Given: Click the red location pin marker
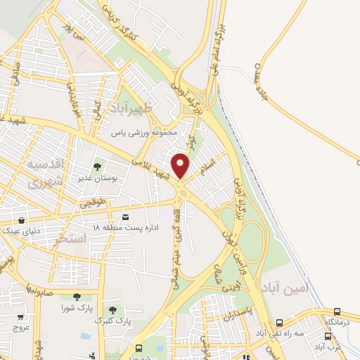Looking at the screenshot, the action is tap(181, 165).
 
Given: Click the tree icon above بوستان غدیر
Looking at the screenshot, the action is tap(97, 167).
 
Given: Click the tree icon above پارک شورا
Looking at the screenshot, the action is tap(75, 297).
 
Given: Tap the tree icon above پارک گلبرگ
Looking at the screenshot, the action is tap(112, 310).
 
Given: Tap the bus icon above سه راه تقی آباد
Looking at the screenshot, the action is tap(280, 323).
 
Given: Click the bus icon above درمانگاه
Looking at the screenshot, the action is tap(338, 311).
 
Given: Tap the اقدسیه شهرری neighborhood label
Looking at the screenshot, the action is tap(45, 173).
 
